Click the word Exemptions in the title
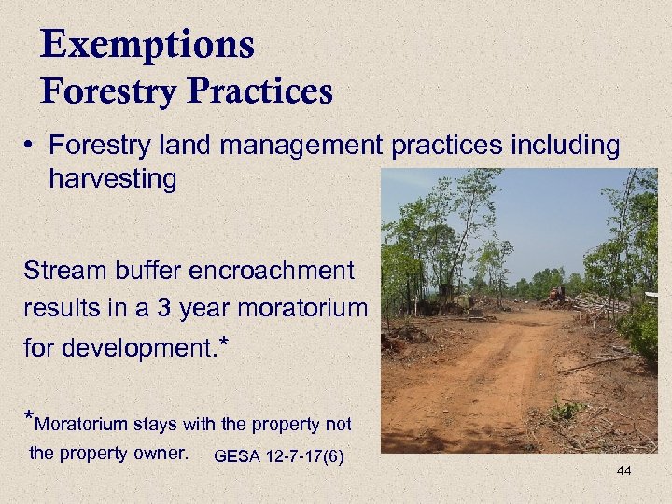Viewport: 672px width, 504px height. point(147,45)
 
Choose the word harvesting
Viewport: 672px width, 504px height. point(113,178)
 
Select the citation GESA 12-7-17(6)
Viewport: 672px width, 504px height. point(278,456)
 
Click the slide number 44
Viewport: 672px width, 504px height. point(623,470)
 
